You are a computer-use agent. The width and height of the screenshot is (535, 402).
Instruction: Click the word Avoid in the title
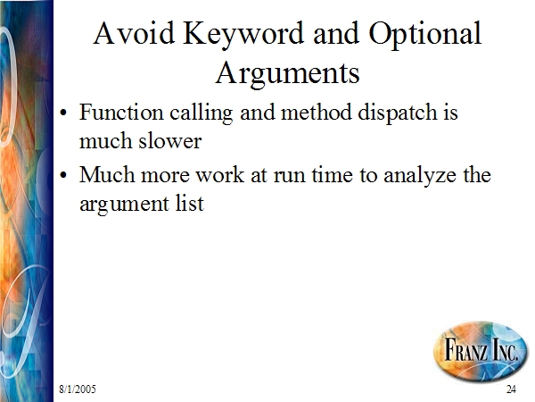coord(134,33)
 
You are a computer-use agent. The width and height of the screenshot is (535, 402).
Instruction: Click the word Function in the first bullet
coord(121,112)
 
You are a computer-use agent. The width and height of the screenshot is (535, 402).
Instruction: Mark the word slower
coord(170,140)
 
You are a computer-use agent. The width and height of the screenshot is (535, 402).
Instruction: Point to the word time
coord(332,174)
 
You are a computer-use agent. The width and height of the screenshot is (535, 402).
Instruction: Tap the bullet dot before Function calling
coord(63,113)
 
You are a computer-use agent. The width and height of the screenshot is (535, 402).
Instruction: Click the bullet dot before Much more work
coord(63,175)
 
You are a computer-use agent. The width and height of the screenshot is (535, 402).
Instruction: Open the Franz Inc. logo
coord(481,349)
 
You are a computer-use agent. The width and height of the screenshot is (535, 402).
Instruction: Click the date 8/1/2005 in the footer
coord(78,389)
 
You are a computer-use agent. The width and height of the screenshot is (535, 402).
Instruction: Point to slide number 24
coord(511,389)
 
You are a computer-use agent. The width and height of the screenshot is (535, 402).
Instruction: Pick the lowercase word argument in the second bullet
coord(124,205)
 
